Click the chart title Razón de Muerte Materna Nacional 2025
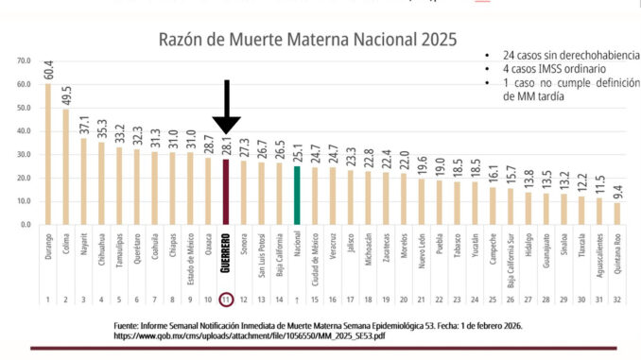(307, 40)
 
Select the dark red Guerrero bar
(226, 192)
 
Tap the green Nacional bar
(297, 196)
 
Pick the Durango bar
(48, 154)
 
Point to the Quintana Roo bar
(617, 214)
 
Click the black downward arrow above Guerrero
(227, 107)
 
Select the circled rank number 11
(226, 300)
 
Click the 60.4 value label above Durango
(48, 70)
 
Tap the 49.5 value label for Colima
(66, 95)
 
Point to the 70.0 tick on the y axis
(24, 60)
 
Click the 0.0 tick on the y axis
(26, 224)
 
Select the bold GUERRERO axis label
(226, 253)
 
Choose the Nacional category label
(297, 244)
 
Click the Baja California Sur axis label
(511, 261)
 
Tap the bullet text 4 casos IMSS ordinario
(554, 69)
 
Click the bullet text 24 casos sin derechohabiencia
(571, 55)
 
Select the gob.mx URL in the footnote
(250, 335)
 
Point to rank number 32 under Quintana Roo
(617, 300)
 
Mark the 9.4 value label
(617, 192)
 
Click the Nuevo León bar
(422, 202)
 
